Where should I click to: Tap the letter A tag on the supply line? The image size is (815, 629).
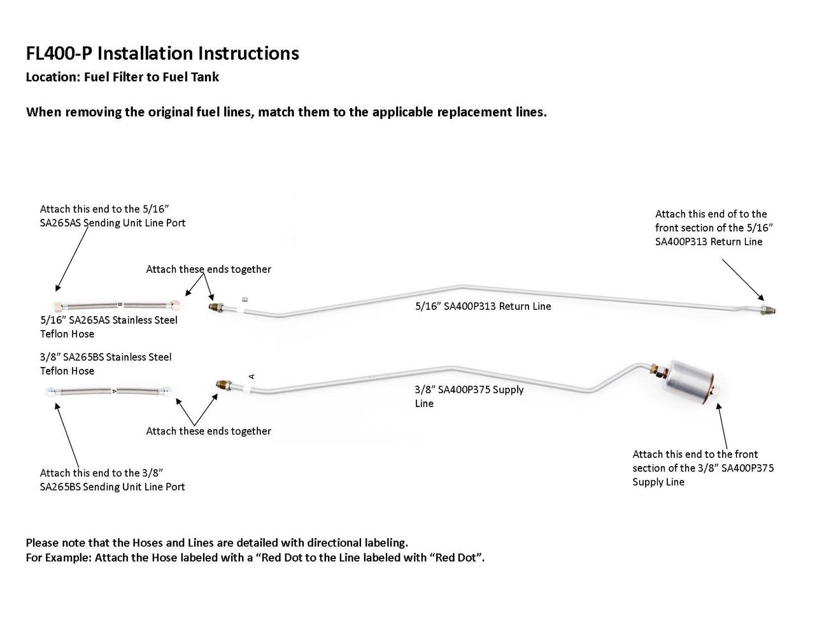coord(252,377)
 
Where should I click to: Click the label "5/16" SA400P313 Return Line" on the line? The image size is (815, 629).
coord(483,307)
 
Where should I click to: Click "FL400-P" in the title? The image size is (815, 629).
coord(60,53)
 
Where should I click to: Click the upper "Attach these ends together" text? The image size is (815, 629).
coord(208,270)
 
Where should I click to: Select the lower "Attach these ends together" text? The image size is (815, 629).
coord(208,431)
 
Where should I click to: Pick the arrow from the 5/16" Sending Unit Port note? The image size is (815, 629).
coord(73,259)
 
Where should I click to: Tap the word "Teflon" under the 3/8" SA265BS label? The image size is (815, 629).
coord(54,371)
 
